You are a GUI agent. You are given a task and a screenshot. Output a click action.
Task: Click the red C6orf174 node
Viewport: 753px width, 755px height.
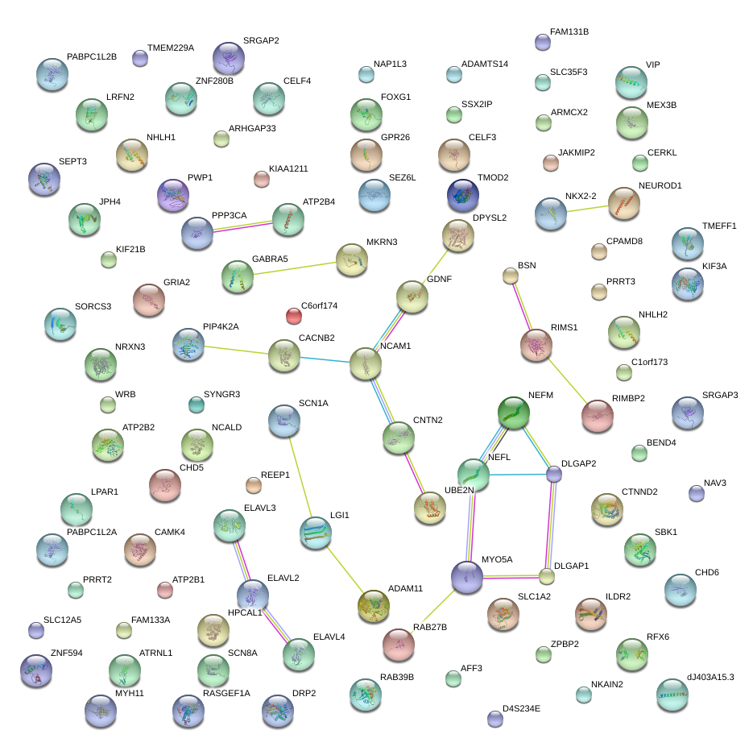click(294, 315)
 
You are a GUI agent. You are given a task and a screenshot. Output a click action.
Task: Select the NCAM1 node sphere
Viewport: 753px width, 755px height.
click(366, 364)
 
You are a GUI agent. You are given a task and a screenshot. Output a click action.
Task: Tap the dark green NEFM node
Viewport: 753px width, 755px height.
click(513, 413)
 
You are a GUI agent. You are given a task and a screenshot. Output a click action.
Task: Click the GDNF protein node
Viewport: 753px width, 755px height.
click(412, 297)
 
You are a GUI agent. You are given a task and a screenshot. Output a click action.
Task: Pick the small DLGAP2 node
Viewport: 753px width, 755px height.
click(554, 474)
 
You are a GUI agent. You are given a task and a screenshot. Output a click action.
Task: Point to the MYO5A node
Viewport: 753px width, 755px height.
click(467, 577)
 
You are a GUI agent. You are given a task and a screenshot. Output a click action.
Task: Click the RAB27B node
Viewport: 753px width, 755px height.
click(398, 644)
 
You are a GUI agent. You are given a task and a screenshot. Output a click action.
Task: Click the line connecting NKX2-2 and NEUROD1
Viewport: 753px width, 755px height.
click(587, 208)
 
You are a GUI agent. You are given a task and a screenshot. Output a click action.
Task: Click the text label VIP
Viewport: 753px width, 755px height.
click(652, 64)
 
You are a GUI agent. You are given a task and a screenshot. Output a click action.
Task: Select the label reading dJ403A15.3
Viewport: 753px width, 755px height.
click(710, 677)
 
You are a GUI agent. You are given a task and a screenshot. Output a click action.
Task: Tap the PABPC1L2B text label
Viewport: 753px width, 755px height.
click(92, 57)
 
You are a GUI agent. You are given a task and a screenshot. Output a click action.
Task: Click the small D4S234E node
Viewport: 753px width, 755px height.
click(495, 718)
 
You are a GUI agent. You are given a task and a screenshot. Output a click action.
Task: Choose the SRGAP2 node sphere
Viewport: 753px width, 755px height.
click(229, 58)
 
